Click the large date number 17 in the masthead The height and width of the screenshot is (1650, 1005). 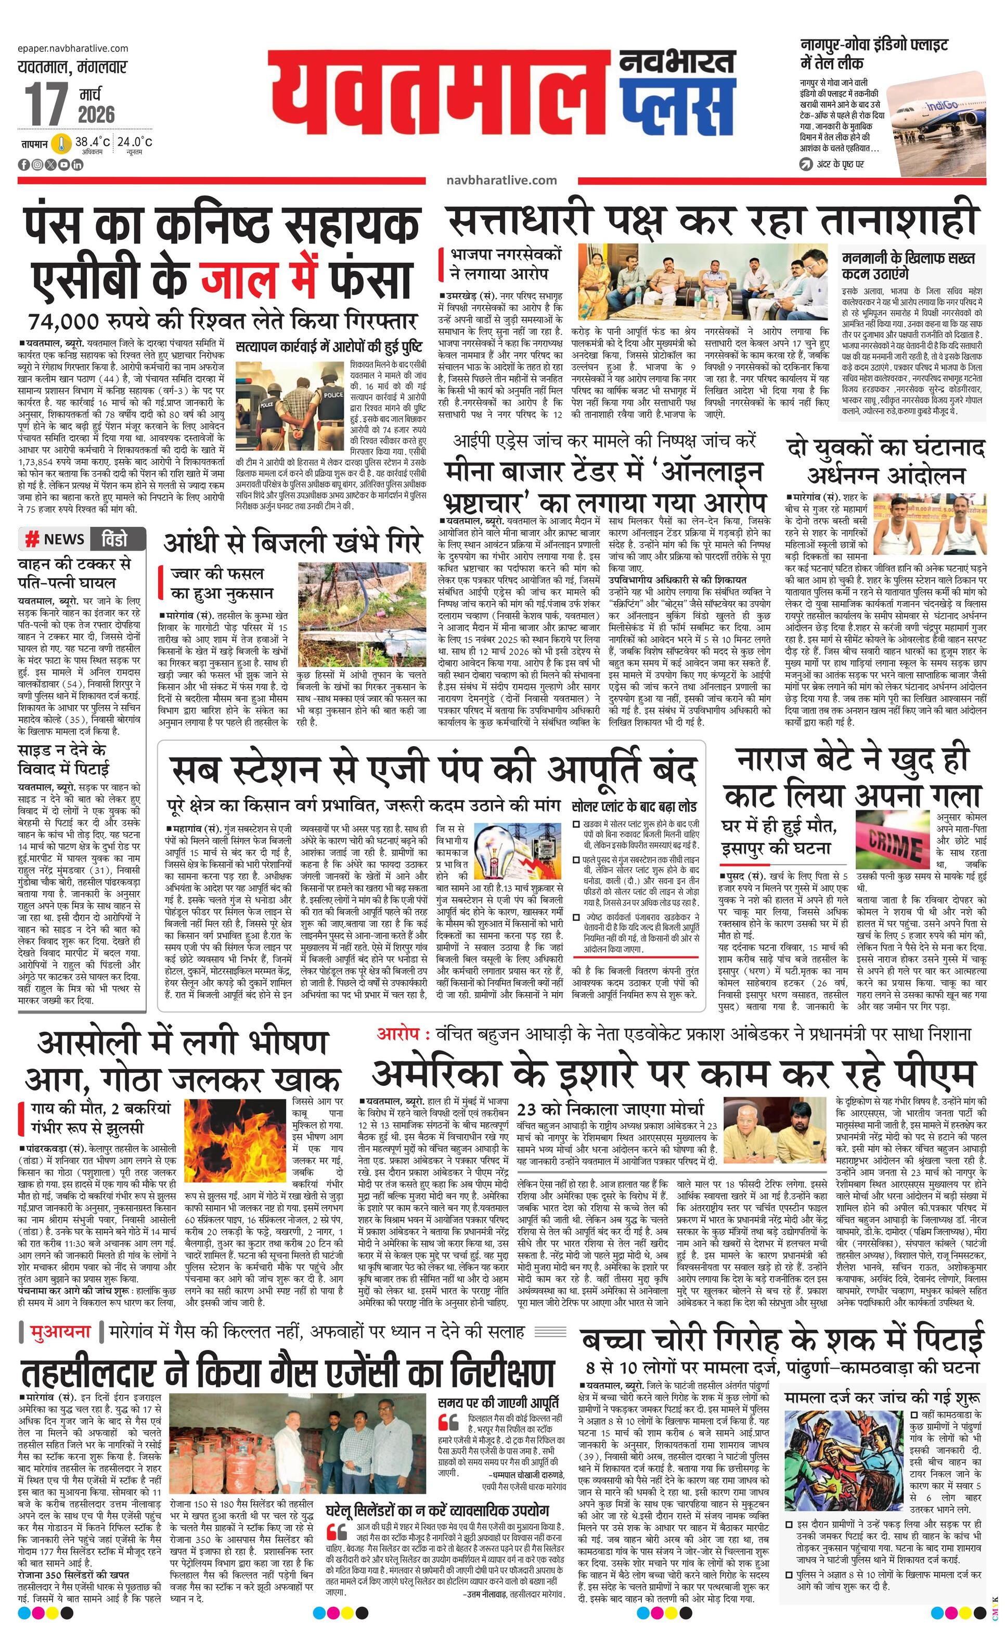tap(46, 104)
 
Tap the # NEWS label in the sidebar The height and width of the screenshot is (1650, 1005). tap(55, 539)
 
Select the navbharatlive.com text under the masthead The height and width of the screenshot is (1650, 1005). tap(501, 179)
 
